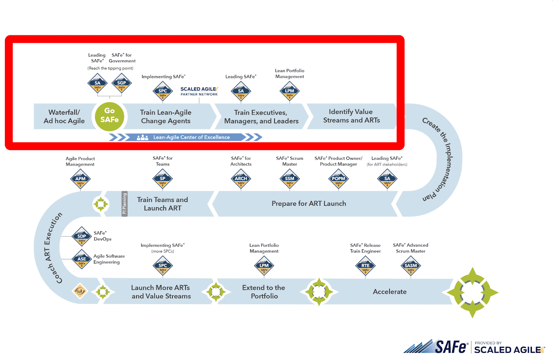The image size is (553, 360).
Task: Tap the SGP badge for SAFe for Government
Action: tap(122, 83)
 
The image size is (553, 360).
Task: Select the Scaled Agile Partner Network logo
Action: tap(199, 91)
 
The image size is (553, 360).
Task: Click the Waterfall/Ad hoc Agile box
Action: tap(64, 117)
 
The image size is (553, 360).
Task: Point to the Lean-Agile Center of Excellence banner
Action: tap(191, 137)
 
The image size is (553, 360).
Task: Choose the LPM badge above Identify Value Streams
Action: tap(289, 91)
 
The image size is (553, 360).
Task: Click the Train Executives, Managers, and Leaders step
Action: tap(261, 117)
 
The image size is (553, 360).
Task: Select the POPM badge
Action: tap(338, 179)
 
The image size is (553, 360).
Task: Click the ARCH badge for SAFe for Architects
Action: tap(241, 179)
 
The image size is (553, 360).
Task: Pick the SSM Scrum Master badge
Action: tap(290, 179)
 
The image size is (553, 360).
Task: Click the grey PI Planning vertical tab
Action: tap(124, 204)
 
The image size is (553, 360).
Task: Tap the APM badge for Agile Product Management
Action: tap(81, 179)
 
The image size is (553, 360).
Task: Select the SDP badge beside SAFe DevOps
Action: tap(82, 237)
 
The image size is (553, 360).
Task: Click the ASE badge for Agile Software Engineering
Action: tap(82, 259)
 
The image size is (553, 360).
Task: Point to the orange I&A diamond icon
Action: tap(80, 291)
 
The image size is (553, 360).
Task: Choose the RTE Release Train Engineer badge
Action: tap(365, 266)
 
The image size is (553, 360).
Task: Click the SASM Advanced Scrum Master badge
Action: tap(411, 266)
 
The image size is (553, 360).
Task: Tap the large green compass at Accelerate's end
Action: tap(472, 292)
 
